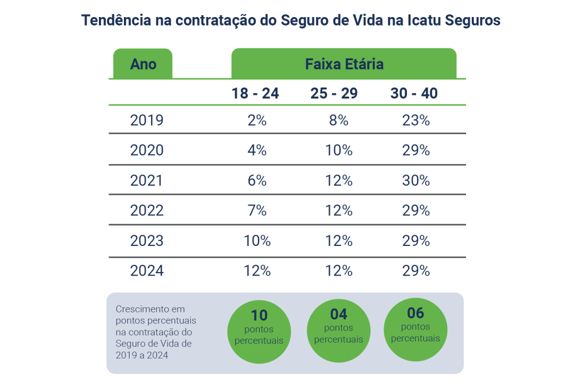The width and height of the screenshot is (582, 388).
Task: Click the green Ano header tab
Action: [x=143, y=64]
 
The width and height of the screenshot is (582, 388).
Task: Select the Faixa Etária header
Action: [x=344, y=64]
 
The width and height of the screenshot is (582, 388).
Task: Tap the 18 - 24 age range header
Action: [x=255, y=93]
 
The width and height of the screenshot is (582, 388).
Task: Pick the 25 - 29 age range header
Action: [x=334, y=93]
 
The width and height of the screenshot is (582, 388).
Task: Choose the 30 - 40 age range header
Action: [x=414, y=93]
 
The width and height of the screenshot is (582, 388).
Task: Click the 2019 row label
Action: [x=147, y=120]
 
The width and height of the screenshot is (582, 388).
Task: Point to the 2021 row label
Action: [x=147, y=181]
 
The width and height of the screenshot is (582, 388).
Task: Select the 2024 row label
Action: [x=147, y=271]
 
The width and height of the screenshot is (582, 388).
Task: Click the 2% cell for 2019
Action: [x=257, y=120]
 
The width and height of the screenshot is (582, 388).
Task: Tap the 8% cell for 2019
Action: [x=339, y=120]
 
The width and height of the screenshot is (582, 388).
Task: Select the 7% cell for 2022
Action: [x=257, y=211]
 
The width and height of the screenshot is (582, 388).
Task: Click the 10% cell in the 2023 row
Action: [x=257, y=241]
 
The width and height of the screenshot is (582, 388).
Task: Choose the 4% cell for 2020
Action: [x=257, y=151]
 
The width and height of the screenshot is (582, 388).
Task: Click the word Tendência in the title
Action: [x=116, y=20]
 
